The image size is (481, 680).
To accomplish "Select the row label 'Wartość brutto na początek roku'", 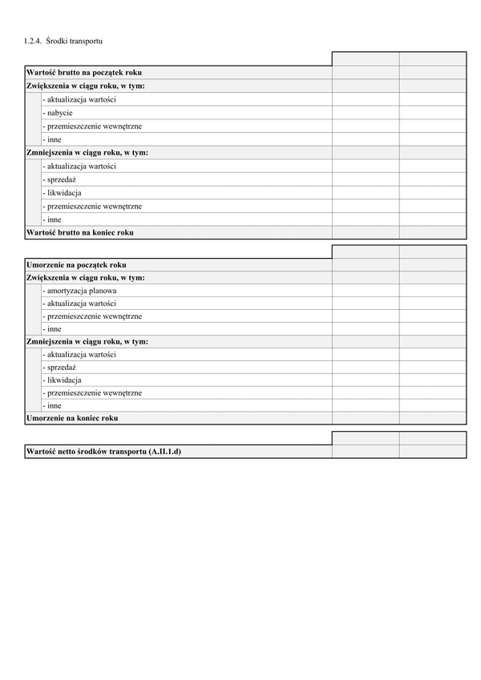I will [x=84, y=72].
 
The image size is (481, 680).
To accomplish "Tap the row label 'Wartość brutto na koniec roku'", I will [x=80, y=232].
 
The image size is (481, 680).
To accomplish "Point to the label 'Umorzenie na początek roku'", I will [x=76, y=264].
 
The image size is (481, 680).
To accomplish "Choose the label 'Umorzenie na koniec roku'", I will [x=72, y=418].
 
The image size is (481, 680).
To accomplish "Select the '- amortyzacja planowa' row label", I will [x=82, y=291].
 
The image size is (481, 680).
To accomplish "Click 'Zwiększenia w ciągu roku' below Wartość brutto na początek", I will [x=85, y=86].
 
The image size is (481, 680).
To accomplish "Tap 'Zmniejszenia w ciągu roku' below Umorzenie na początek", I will [x=87, y=342].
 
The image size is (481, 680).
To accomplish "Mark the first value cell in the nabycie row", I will [x=366, y=113].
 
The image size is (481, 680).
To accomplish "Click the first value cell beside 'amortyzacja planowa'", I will [x=366, y=291].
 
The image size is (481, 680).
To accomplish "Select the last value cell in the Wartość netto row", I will [x=433, y=452].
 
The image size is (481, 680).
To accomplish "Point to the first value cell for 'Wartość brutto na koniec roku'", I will [x=366, y=232].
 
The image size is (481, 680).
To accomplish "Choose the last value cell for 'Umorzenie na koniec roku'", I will [x=433, y=418].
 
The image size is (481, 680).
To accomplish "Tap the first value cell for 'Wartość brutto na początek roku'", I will [x=366, y=72].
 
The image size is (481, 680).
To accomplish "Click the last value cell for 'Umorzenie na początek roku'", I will [x=433, y=264].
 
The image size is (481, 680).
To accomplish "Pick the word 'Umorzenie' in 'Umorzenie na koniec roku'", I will [x=44, y=418].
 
